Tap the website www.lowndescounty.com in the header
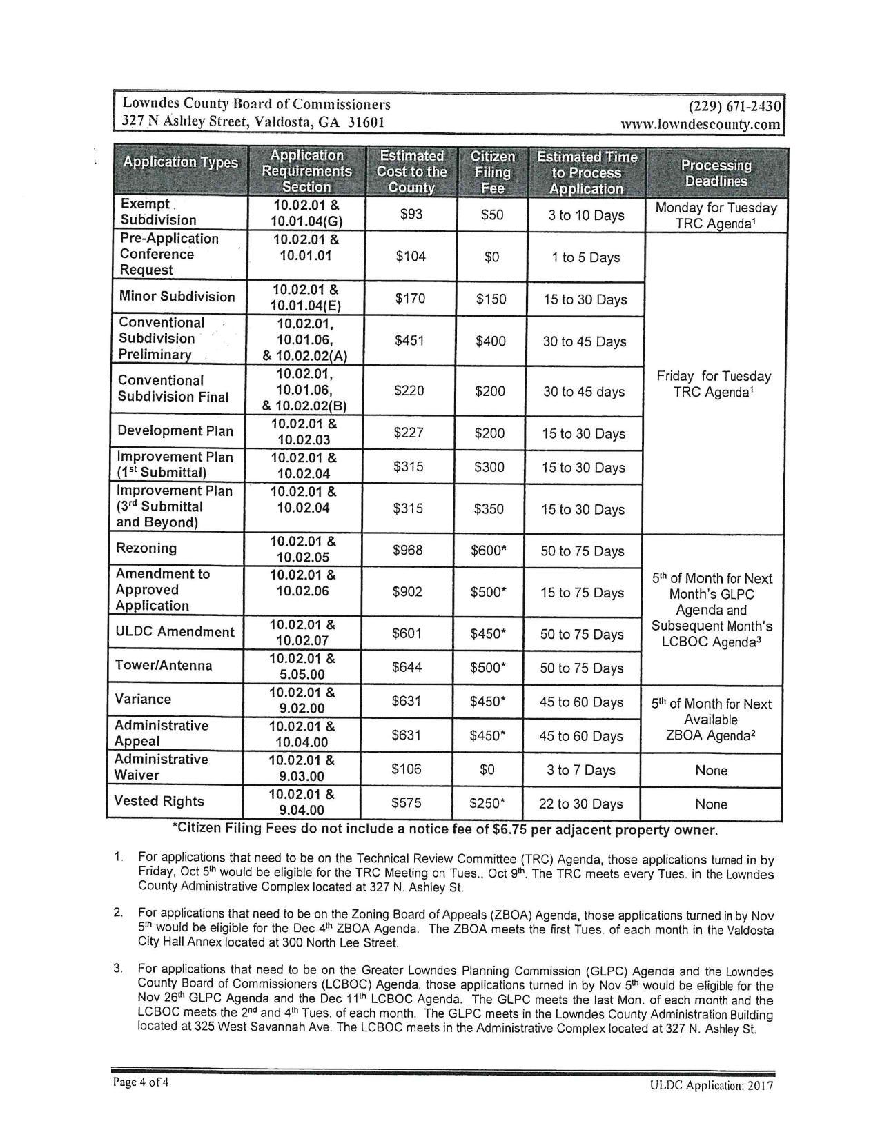click(701, 125)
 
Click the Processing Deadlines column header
click(716, 172)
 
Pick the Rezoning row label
click(146, 548)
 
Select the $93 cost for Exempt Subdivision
click(411, 215)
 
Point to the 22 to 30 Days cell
click(581, 804)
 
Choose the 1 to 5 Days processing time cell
click(585, 257)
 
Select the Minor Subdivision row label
click(177, 297)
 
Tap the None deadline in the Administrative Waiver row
click(711, 770)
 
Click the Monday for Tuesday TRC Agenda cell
click(716, 215)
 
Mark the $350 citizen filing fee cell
click(489, 509)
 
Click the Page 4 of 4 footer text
click(141, 1082)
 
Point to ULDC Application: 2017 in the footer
click(711, 1085)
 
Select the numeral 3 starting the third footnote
click(118, 969)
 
